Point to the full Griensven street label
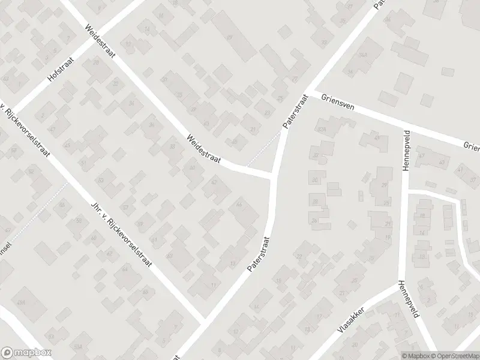[x=339, y=104]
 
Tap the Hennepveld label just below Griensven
[x=406, y=151]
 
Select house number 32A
[x=322, y=128]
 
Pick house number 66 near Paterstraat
[x=239, y=205]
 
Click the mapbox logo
[x=26, y=353]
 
